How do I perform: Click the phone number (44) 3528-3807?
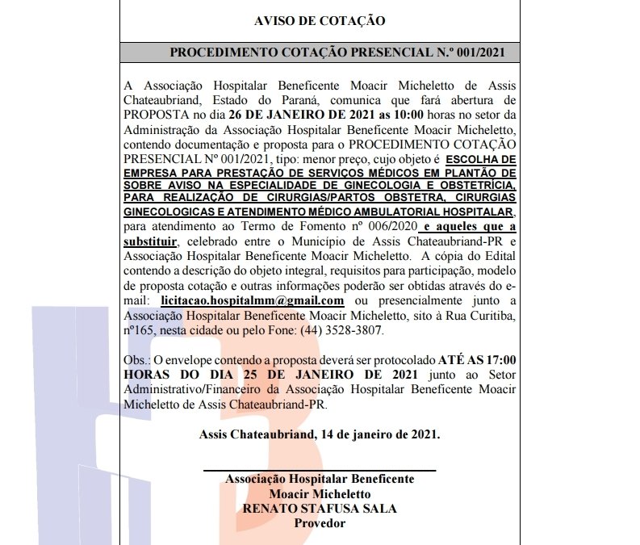click(345, 331)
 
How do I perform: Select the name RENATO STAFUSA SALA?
click(320, 509)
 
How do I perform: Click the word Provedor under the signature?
click(320, 523)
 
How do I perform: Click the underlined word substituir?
click(153, 241)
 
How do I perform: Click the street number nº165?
click(141, 331)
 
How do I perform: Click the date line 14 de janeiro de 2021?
click(379, 434)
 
